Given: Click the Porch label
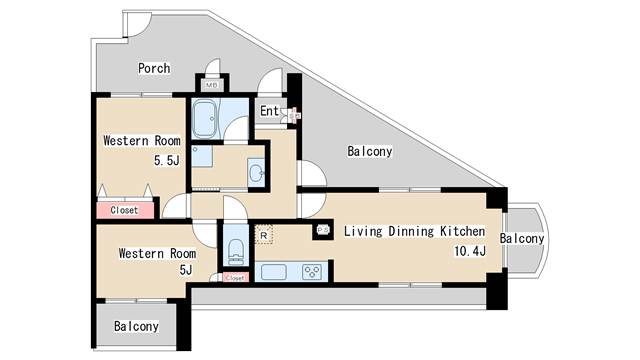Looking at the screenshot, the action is (x=154, y=68).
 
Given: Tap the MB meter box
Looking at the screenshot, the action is (x=211, y=85).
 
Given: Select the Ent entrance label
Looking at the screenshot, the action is (x=269, y=111).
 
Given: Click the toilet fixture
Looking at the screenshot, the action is (x=236, y=252).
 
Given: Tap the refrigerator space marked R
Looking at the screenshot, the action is (x=264, y=236).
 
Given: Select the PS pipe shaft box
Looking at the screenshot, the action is (x=323, y=230).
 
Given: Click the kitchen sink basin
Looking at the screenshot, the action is (x=273, y=272).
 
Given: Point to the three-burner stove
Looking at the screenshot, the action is (x=312, y=272).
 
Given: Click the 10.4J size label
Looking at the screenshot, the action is (x=470, y=251).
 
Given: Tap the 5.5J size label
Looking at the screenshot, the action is (x=167, y=160).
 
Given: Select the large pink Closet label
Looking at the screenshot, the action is (x=124, y=210).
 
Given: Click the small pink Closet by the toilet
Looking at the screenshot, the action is (x=235, y=278).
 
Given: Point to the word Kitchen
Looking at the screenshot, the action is (x=462, y=231).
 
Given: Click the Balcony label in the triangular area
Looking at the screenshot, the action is (x=370, y=151).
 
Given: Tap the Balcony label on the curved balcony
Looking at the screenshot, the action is (x=522, y=239).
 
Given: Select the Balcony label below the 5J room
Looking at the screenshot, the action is (x=136, y=326).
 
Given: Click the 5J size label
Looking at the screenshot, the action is (x=186, y=270).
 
